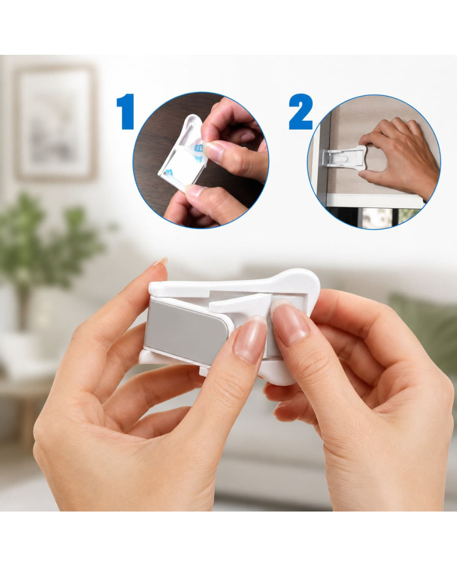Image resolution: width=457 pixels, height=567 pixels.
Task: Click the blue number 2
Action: (300, 112)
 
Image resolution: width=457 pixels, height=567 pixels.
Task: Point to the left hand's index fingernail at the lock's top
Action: (161, 261)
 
